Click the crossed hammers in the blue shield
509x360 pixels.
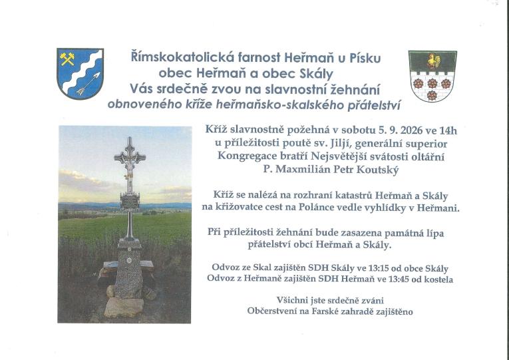[x=67, y=59]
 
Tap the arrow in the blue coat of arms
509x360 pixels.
[x=88, y=84]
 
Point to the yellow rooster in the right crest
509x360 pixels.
[x=433, y=61]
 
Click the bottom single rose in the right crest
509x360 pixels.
[x=432, y=95]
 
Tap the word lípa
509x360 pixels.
[x=434, y=234]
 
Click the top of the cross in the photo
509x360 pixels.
[x=130, y=138]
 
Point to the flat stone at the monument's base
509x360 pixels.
[x=124, y=307]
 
